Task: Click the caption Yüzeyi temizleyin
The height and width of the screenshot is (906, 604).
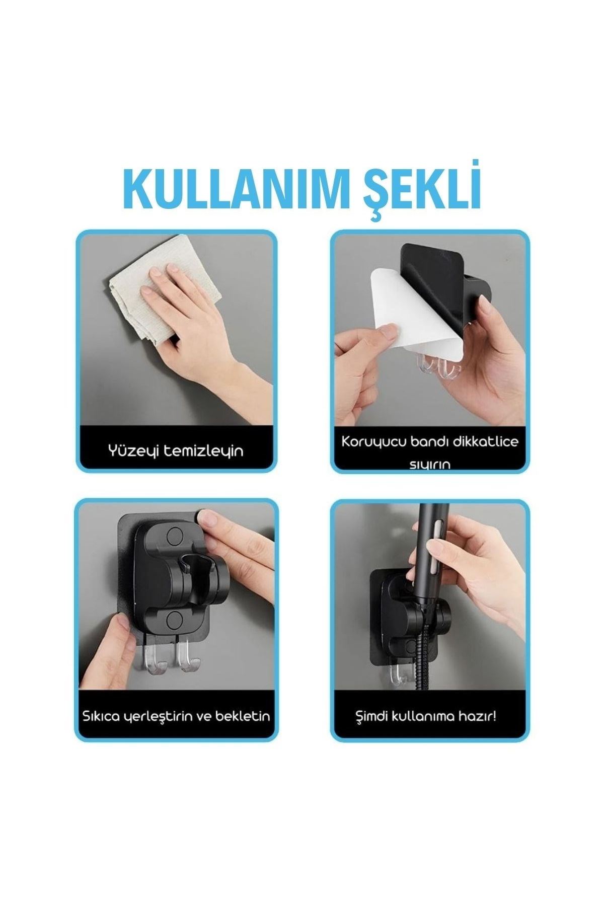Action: click(176, 450)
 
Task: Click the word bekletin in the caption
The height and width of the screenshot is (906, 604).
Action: click(243, 716)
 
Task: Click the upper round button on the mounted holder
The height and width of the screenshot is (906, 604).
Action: click(175, 535)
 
